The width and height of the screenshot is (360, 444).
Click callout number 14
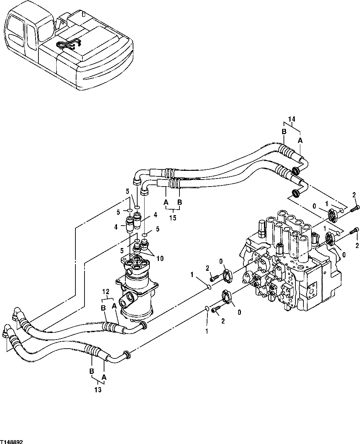click(x=292, y=119)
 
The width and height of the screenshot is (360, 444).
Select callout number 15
click(x=173, y=218)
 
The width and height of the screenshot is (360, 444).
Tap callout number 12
click(x=106, y=291)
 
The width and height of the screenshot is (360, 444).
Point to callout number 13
click(x=98, y=390)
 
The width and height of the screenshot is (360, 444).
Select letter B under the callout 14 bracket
click(x=284, y=132)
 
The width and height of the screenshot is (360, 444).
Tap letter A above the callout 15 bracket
click(x=166, y=202)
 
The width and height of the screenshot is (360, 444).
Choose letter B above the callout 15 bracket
click(x=180, y=202)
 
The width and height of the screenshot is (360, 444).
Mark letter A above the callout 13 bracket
click(x=104, y=377)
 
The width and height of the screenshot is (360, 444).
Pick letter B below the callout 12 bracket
click(x=103, y=308)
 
